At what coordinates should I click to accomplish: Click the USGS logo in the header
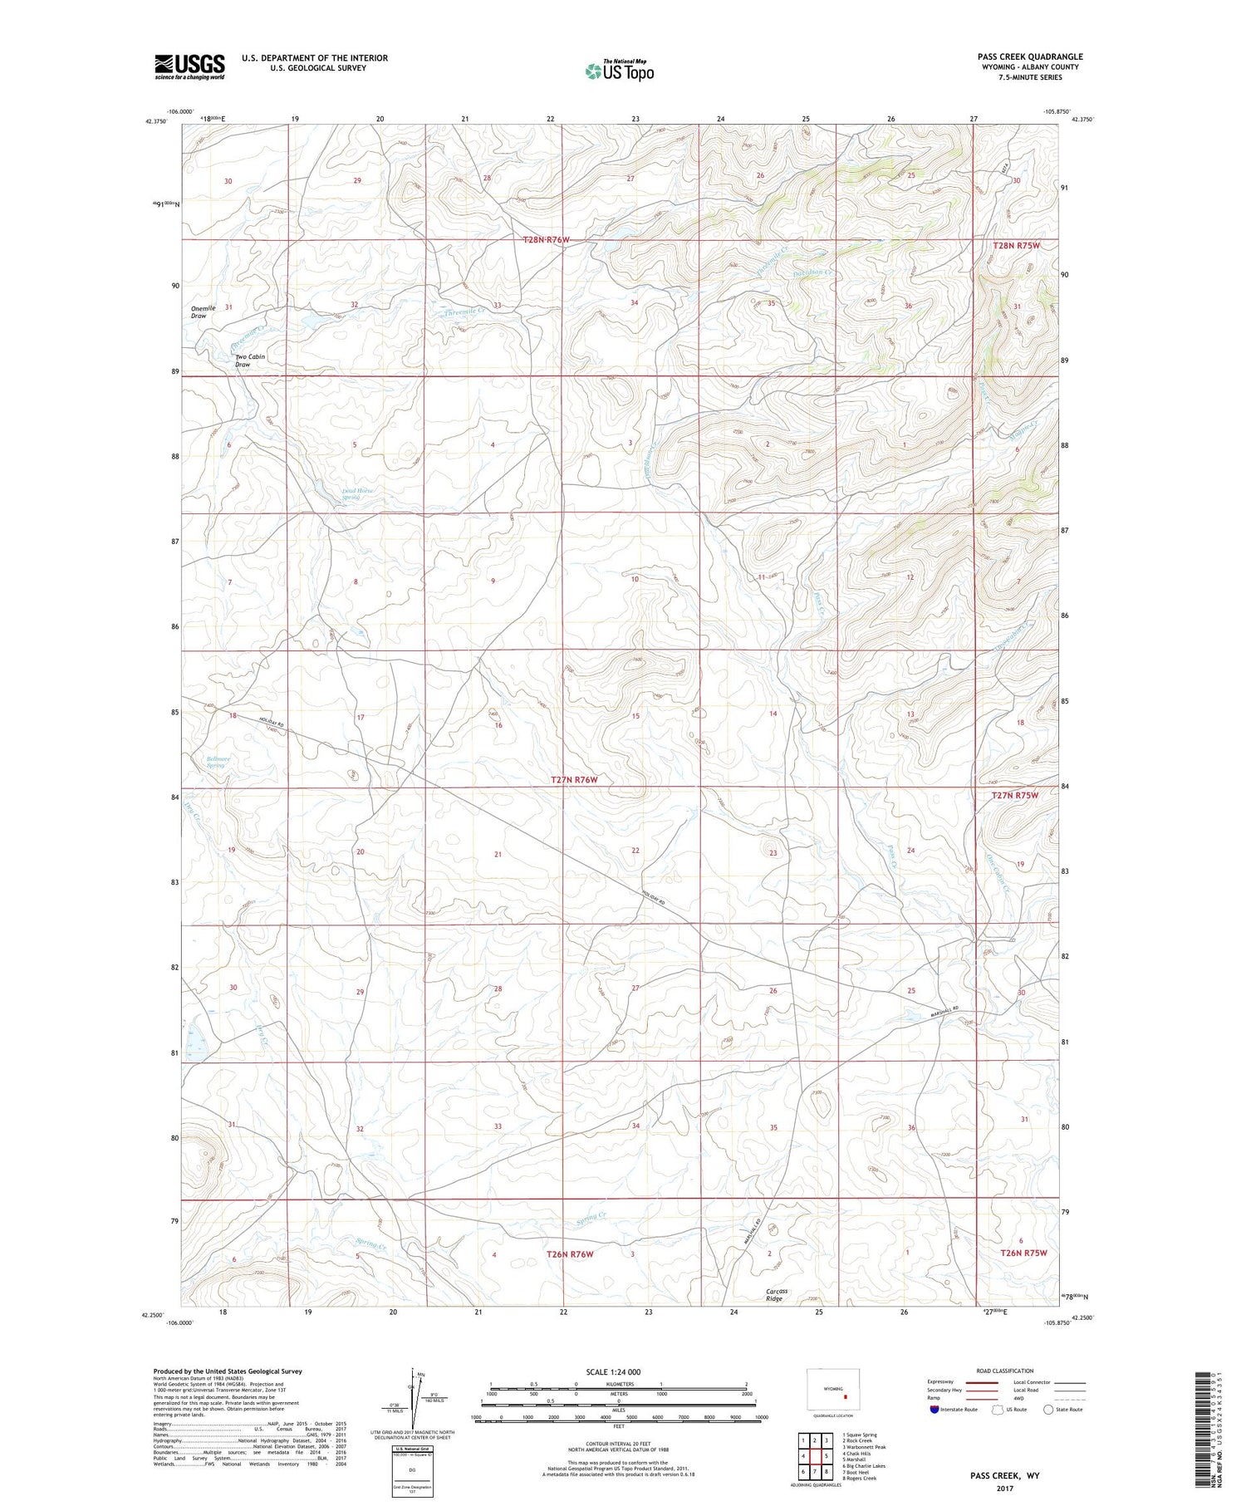pyautogui.click(x=189, y=66)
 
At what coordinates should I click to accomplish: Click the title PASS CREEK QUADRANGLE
pyautogui.click(x=1029, y=56)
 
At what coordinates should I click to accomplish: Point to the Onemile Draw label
pyautogui.click(x=203, y=312)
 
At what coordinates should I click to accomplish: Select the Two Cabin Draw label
pyautogui.click(x=250, y=361)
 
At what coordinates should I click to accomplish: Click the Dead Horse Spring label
pyautogui.click(x=357, y=494)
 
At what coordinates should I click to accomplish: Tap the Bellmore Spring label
pyautogui.click(x=217, y=761)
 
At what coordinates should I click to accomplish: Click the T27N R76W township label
pyautogui.click(x=575, y=780)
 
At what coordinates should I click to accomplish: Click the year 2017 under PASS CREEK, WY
pyautogui.click(x=1006, y=1487)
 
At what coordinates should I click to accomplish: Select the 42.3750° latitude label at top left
pyautogui.click(x=155, y=121)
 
